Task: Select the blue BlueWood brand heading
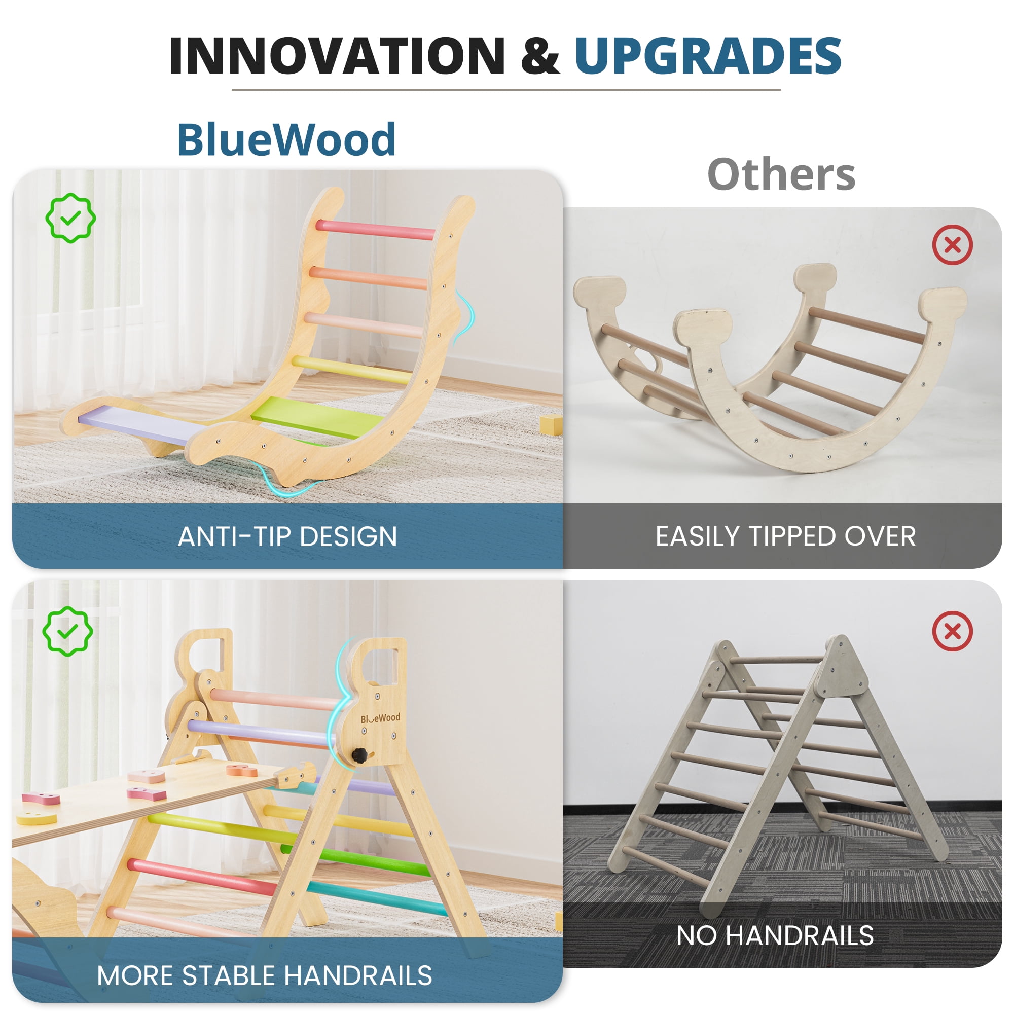point(286,139)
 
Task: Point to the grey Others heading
point(781,174)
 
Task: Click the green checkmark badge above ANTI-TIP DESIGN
point(70,218)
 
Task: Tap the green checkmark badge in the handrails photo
point(68,631)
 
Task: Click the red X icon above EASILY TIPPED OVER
point(953,245)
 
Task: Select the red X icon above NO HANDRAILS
point(953,631)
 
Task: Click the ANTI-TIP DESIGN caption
point(287,537)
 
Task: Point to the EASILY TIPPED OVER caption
point(786,537)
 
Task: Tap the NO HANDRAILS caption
point(775,936)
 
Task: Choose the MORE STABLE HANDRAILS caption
point(265,975)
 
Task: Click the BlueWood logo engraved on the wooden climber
point(380,718)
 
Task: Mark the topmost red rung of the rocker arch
point(375,229)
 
